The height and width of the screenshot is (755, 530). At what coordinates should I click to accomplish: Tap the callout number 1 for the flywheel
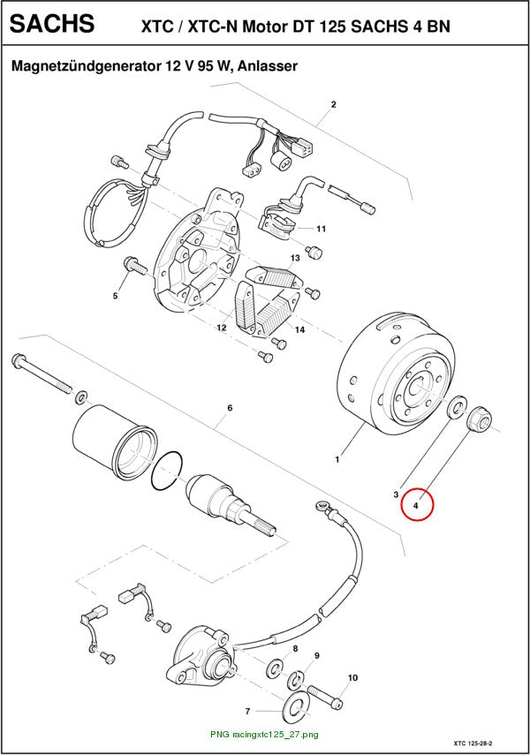[337, 460]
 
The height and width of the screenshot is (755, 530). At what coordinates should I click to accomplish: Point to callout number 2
[333, 104]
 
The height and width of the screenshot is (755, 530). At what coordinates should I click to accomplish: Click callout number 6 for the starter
[230, 408]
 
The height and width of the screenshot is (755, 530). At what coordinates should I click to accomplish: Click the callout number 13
[295, 258]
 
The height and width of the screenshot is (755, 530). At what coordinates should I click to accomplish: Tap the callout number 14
[300, 330]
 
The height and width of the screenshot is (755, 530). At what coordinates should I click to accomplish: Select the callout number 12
[222, 328]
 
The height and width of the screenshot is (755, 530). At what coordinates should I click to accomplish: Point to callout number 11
[321, 229]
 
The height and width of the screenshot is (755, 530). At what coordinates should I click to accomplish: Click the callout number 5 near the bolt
[115, 296]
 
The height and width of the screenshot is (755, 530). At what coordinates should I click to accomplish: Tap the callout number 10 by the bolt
[352, 677]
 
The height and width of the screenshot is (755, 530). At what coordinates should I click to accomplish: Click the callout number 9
[317, 655]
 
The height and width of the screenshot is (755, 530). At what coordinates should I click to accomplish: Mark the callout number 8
[295, 648]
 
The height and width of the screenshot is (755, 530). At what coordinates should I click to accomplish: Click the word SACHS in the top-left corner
[52, 23]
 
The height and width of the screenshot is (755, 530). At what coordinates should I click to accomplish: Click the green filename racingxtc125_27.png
[275, 735]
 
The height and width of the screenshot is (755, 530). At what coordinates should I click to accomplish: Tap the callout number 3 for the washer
[396, 494]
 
